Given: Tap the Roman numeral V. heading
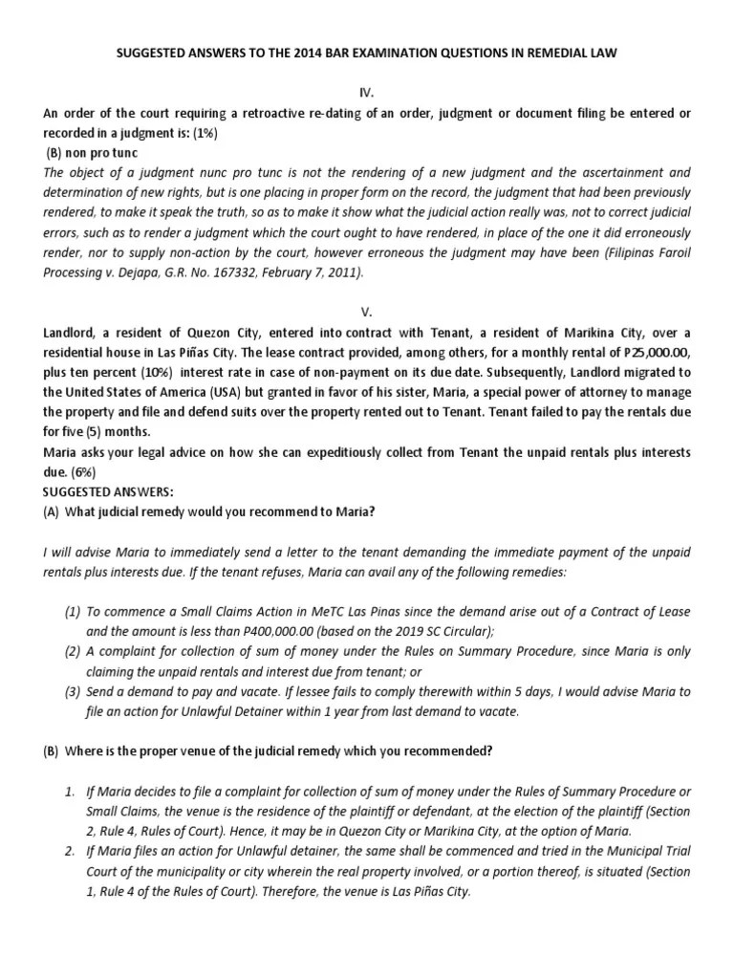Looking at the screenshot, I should [367, 311].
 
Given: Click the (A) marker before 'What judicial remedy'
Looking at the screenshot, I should [52, 511].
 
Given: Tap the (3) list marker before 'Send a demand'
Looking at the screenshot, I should [72, 690].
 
